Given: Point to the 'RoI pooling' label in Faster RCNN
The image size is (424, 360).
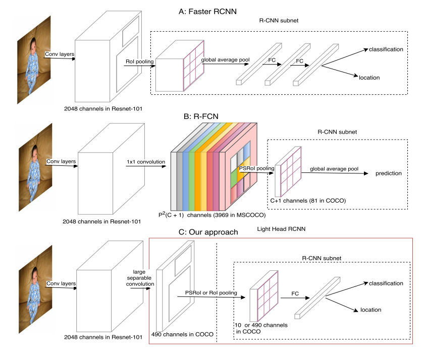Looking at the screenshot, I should point(140,62).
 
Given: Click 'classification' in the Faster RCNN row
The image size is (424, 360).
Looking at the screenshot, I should point(386,49).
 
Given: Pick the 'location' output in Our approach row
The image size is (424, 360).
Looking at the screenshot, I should point(370,310).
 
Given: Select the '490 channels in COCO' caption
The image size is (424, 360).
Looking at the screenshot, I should point(180,334).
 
